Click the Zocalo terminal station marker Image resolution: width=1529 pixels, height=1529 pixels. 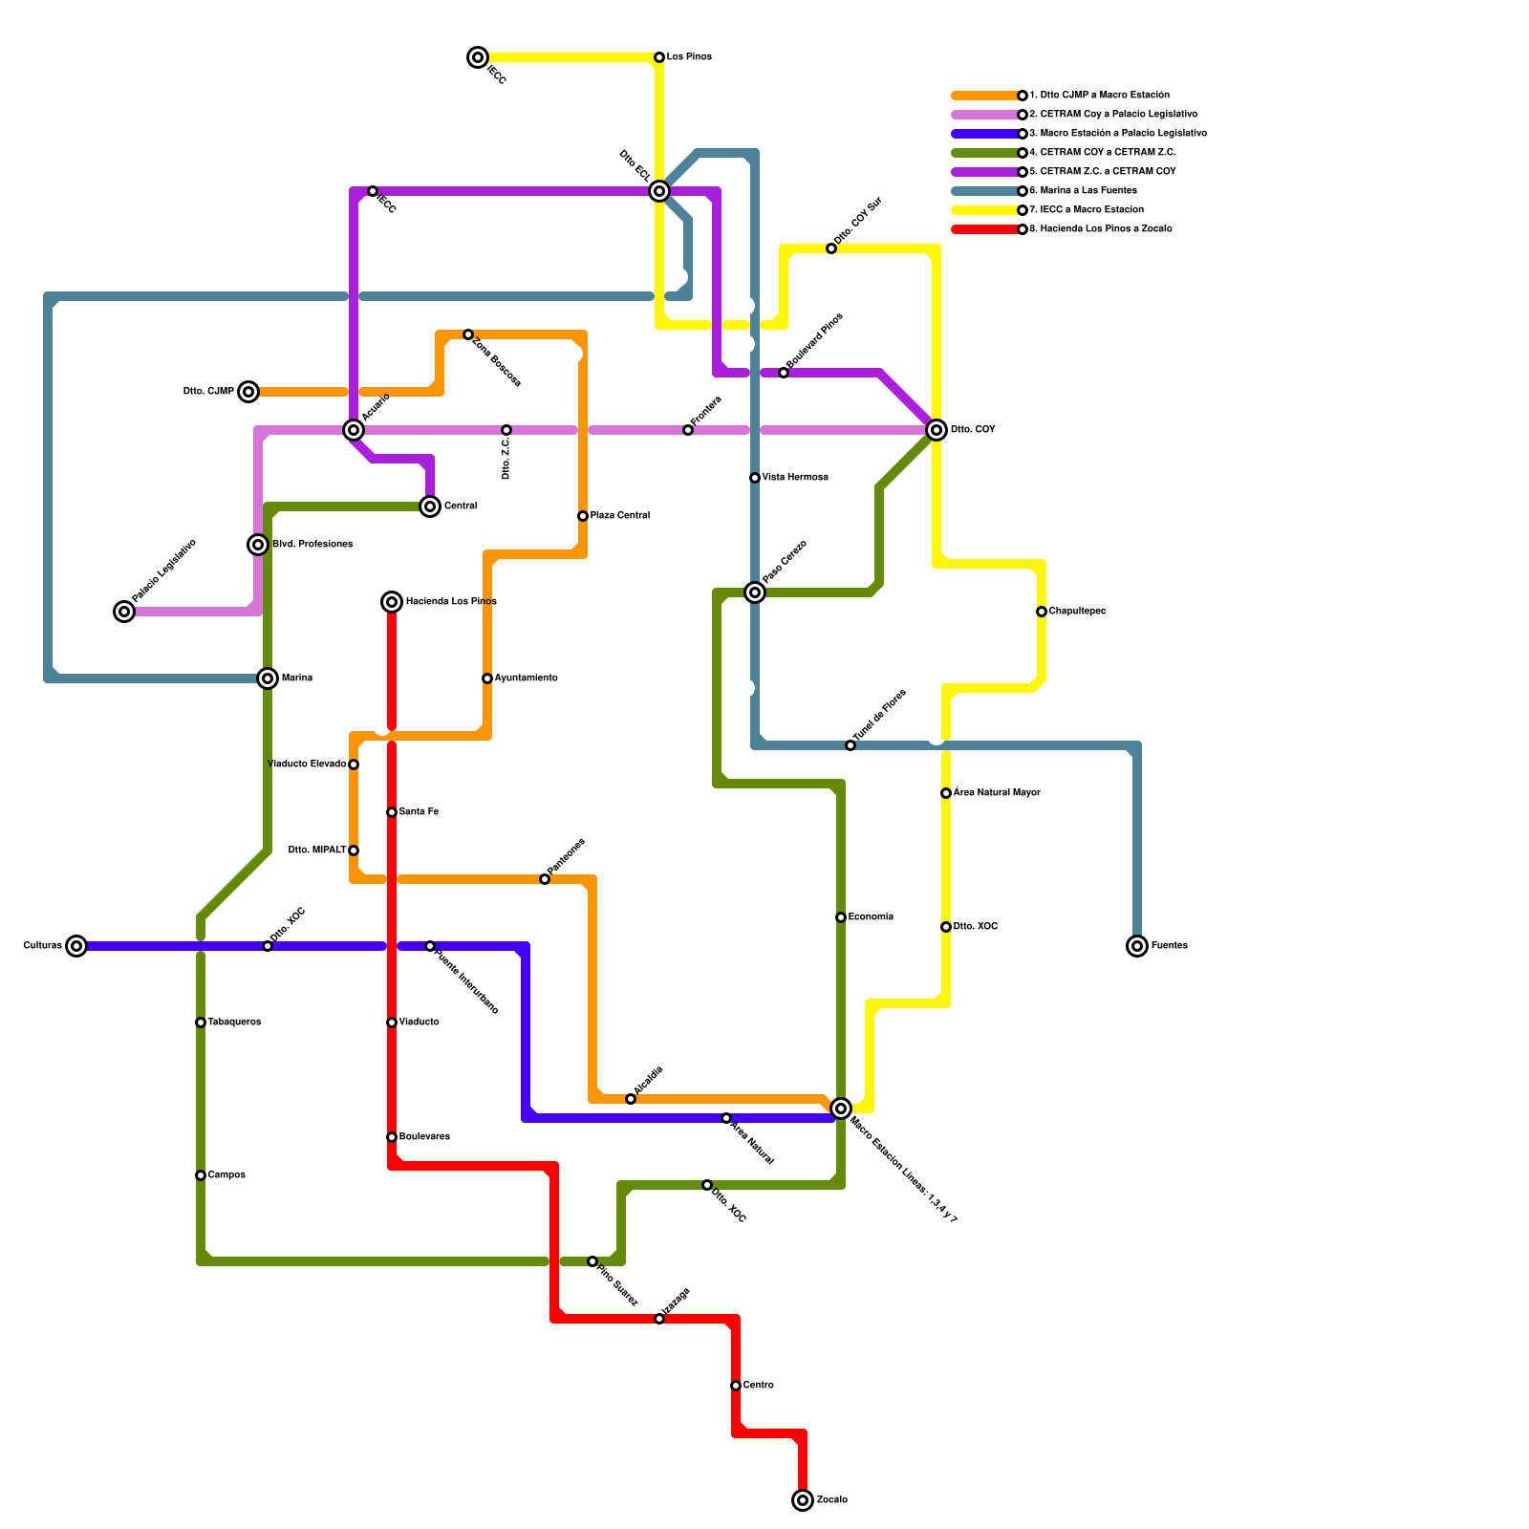(x=803, y=1500)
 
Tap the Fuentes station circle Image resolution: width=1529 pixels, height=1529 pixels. (x=1137, y=946)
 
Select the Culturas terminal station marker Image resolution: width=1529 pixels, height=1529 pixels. (x=77, y=946)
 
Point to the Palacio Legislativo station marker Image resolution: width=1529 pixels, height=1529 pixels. (x=124, y=612)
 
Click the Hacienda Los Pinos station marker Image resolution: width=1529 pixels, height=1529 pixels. (x=392, y=602)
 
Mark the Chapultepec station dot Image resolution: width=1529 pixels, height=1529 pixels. (x=1042, y=612)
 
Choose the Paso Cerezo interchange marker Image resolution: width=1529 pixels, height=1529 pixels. (x=755, y=592)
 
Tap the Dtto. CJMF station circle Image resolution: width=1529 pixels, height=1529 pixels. (x=248, y=392)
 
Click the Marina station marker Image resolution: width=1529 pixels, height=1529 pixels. (x=269, y=678)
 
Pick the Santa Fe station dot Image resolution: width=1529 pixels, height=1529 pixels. (x=392, y=812)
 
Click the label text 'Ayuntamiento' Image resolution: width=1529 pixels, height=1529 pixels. (x=526, y=678)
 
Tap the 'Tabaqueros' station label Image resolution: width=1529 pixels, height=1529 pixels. (x=234, y=1023)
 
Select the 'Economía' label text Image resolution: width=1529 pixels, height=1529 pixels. (x=871, y=917)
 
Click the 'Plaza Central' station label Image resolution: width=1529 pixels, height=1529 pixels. (x=619, y=516)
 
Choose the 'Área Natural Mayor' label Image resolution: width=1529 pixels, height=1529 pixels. (x=997, y=793)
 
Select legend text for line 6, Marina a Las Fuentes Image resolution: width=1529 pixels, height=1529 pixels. (x=1083, y=191)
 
